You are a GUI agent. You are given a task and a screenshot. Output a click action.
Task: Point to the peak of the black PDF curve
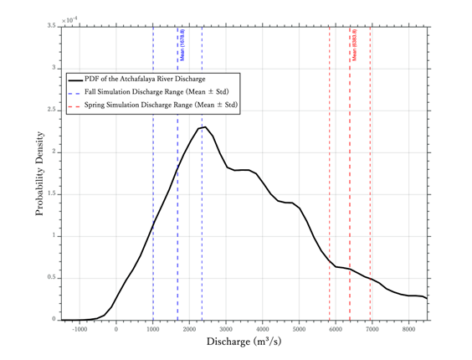tap(203, 127)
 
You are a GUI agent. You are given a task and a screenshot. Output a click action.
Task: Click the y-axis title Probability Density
tap(39, 173)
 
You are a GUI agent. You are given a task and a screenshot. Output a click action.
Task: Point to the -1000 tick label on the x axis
tap(79, 329)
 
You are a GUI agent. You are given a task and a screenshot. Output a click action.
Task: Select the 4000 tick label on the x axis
tap(262, 329)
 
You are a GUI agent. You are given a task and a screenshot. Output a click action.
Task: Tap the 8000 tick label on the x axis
tap(408, 329)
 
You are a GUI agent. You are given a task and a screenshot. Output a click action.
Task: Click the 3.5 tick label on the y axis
tap(51, 27)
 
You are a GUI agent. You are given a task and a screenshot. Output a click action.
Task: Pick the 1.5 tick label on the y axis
tap(51, 194)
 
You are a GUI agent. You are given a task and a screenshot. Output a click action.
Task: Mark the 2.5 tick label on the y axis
tap(51, 111)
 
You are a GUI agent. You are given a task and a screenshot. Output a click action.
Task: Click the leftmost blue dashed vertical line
tap(153, 209)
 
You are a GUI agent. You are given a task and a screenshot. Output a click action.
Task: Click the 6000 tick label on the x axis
tap(336, 329)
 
